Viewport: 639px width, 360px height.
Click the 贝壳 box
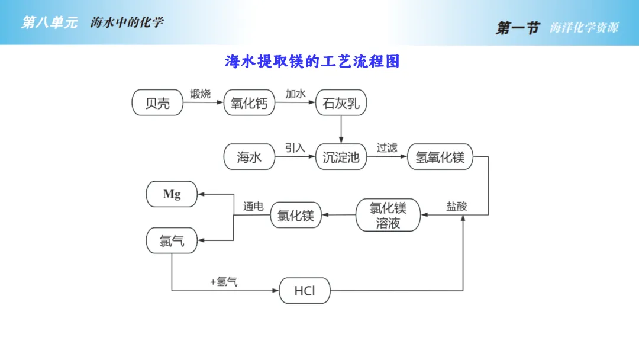pos(157,103)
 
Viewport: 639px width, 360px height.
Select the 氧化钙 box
pos(249,104)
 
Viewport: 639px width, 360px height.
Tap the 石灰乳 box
pos(341,104)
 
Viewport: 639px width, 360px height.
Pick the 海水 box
pos(249,157)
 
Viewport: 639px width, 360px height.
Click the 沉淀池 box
pos(341,157)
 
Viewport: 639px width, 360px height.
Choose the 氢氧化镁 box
pos(440,157)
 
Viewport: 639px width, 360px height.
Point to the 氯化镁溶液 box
pos(388,215)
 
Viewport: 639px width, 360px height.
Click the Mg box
pos(172,194)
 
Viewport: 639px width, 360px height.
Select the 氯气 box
pos(172,240)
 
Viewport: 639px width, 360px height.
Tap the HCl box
pos(305,291)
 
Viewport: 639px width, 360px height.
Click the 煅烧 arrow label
pos(200,94)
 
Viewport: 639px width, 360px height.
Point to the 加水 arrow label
pos(295,94)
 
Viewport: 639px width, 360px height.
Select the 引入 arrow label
pos(295,147)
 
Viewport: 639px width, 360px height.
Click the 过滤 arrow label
pos(387,147)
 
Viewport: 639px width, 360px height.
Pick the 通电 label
pos(253,206)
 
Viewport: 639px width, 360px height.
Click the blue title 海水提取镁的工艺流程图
pos(312,62)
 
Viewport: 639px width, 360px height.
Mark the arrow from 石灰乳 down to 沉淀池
pos(341,128)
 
